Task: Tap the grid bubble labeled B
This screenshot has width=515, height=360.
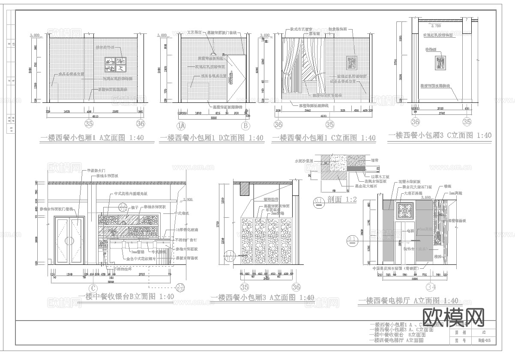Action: click(246, 126)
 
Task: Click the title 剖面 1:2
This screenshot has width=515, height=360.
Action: click(341, 199)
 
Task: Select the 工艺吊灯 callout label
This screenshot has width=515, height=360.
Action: click(195, 32)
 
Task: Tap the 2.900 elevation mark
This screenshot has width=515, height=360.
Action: click(188, 200)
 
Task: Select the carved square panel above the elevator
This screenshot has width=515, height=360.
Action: click(404, 212)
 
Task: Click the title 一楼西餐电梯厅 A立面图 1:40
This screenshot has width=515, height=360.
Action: click(408, 301)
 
